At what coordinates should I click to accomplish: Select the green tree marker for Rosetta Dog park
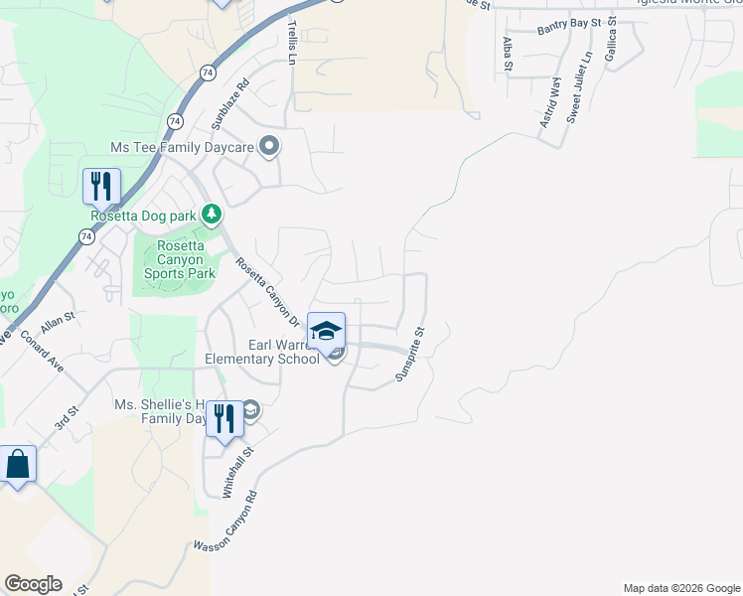211,214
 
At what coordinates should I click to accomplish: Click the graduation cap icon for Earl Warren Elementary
326,331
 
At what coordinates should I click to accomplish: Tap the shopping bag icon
17,464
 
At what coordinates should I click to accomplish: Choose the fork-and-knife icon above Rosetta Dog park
101,186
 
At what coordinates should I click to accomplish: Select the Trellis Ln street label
292,43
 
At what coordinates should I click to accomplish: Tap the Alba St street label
507,55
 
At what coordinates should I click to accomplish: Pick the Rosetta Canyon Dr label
267,292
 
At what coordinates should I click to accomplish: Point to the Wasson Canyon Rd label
225,521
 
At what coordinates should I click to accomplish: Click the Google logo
33,584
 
